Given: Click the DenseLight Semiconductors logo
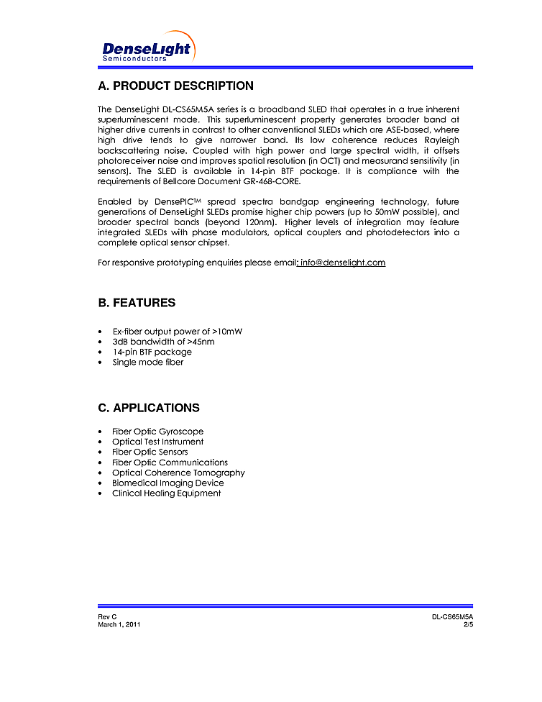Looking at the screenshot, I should pyautogui.click(x=147, y=50).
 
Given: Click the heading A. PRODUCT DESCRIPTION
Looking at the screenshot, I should pyautogui.click(x=175, y=86).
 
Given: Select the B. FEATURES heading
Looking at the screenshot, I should pyautogui.click(x=137, y=303).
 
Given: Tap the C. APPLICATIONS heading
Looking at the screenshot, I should pyautogui.click(x=149, y=408).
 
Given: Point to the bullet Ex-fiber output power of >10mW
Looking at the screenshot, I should pyautogui.click(x=177, y=332).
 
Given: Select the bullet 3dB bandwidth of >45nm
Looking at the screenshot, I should pyautogui.click(x=163, y=342).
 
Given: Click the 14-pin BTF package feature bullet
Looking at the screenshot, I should pyautogui.click(x=152, y=352).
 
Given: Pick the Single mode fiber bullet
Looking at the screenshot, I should pyautogui.click(x=147, y=362).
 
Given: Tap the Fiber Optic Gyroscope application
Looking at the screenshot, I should pyautogui.click(x=157, y=432).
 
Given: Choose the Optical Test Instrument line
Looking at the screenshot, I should pyautogui.click(x=157, y=442).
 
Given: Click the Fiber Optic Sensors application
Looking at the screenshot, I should pyautogui.click(x=150, y=452).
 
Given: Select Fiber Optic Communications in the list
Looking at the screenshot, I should pyautogui.click(x=170, y=462).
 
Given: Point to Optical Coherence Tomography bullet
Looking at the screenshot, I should pyautogui.click(x=178, y=473).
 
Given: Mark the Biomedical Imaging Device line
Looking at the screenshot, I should pyautogui.click(x=167, y=483).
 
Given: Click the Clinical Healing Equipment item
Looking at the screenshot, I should pyautogui.click(x=166, y=493).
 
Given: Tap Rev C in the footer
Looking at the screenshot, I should pyautogui.click(x=107, y=617).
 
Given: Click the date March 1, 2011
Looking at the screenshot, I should pyautogui.click(x=119, y=624).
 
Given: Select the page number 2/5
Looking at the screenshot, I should pyautogui.click(x=468, y=624).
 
